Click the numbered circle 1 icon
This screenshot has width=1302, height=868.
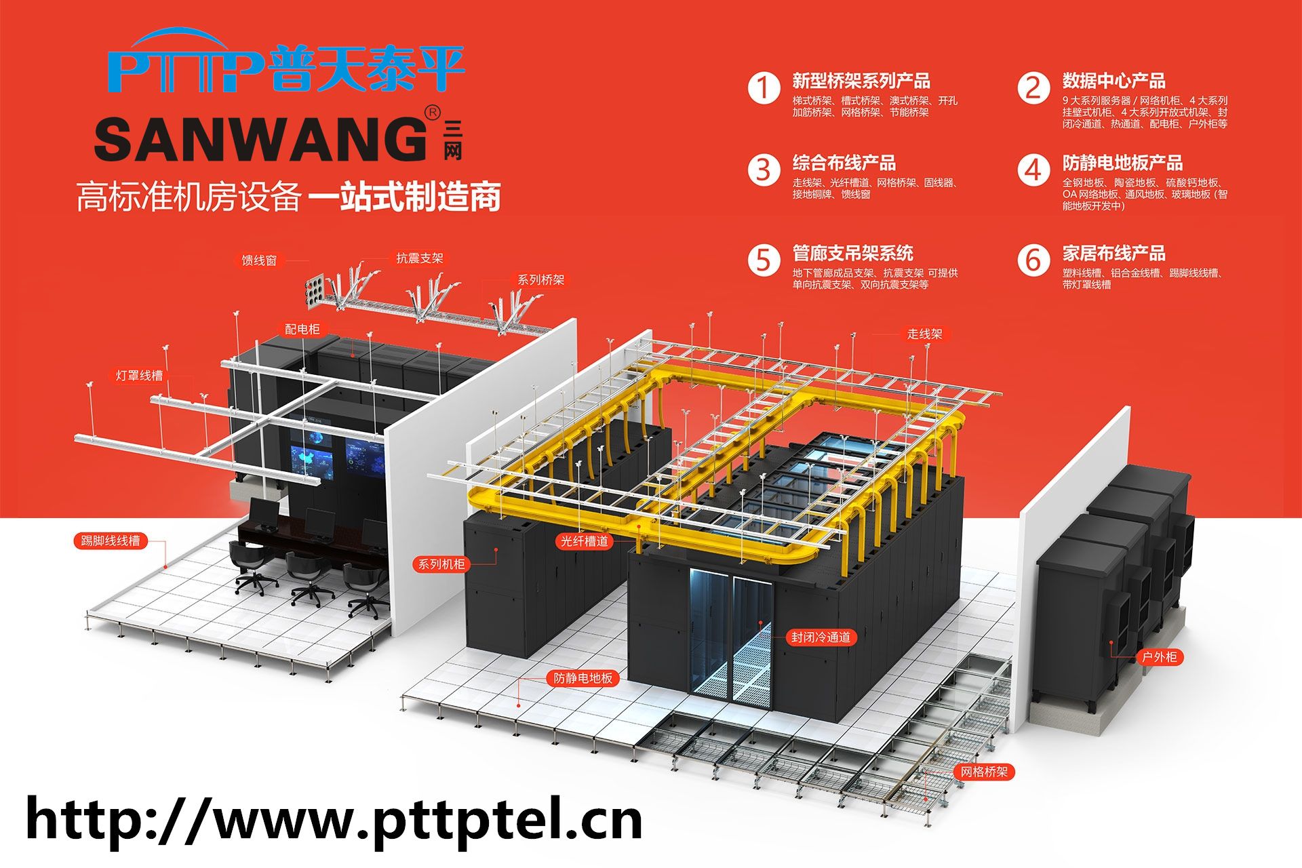(x=764, y=88)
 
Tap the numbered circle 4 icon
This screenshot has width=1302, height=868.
(x=1033, y=170)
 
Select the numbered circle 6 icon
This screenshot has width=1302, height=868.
(x=1033, y=260)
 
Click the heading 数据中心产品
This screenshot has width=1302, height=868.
(x=1113, y=81)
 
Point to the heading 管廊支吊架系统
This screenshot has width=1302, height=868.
(x=852, y=254)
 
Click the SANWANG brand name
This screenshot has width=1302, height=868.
(x=259, y=140)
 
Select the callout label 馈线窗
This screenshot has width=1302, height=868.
(x=259, y=260)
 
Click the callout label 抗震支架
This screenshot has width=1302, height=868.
(x=419, y=258)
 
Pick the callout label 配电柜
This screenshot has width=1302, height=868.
(x=302, y=329)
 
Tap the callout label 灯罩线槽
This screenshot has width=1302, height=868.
(x=139, y=375)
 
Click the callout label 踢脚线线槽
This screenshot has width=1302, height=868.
(x=110, y=540)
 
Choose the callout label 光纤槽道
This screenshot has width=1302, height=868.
(x=585, y=541)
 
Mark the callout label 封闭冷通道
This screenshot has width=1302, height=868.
(x=821, y=637)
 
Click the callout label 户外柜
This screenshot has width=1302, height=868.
(x=1159, y=657)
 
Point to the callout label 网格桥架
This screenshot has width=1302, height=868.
(x=984, y=772)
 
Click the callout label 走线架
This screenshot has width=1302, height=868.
(x=924, y=334)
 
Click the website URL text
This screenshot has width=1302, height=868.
(x=334, y=820)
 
